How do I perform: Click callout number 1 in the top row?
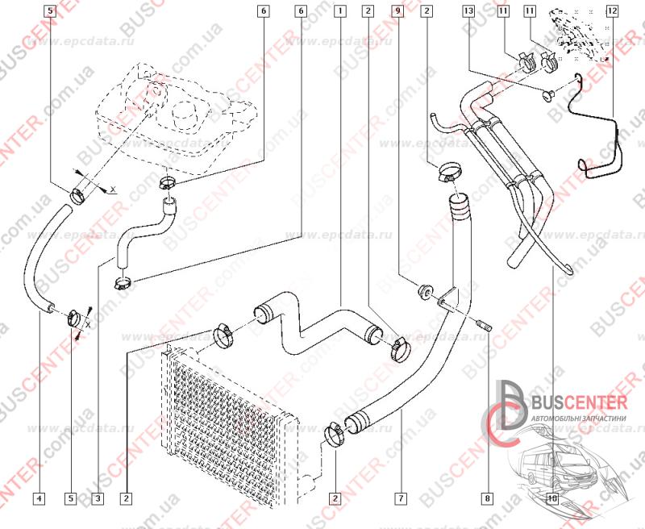pyautogui.click(x=341, y=11)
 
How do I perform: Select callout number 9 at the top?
pyautogui.click(x=397, y=11)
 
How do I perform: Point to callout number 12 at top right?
pyautogui.click(x=613, y=11)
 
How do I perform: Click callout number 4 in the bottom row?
pyautogui.click(x=39, y=498)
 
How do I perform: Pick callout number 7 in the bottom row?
pyautogui.click(x=401, y=498)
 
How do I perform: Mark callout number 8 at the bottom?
pyautogui.click(x=486, y=498)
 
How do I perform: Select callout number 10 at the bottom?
pyautogui.click(x=551, y=498)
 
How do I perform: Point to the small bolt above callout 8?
pyautogui.click(x=485, y=327)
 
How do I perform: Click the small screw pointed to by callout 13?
pyautogui.click(x=547, y=96)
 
